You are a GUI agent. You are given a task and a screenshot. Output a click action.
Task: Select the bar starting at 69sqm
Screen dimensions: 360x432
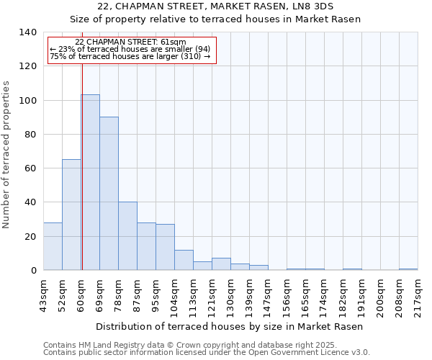109,194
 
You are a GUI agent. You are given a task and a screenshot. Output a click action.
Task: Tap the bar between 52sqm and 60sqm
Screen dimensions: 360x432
71,215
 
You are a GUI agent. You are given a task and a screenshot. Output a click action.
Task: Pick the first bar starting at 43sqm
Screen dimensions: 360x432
53,246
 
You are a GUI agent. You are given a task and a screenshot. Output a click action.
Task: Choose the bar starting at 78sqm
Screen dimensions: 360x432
127,236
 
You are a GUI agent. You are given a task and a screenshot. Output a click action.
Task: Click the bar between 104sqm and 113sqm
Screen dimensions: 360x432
184,260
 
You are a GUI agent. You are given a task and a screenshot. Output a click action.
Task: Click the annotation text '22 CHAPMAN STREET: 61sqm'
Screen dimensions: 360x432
130,42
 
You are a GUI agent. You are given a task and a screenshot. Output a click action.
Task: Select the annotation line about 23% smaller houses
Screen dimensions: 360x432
130,49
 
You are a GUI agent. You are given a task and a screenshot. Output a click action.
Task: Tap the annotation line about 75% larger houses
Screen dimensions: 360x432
130,56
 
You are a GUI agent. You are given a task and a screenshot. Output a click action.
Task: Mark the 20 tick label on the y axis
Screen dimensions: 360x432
30,237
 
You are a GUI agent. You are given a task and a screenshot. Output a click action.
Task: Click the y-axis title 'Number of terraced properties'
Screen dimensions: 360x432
7,155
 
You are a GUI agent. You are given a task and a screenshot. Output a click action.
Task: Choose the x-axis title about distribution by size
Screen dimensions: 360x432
230,327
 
